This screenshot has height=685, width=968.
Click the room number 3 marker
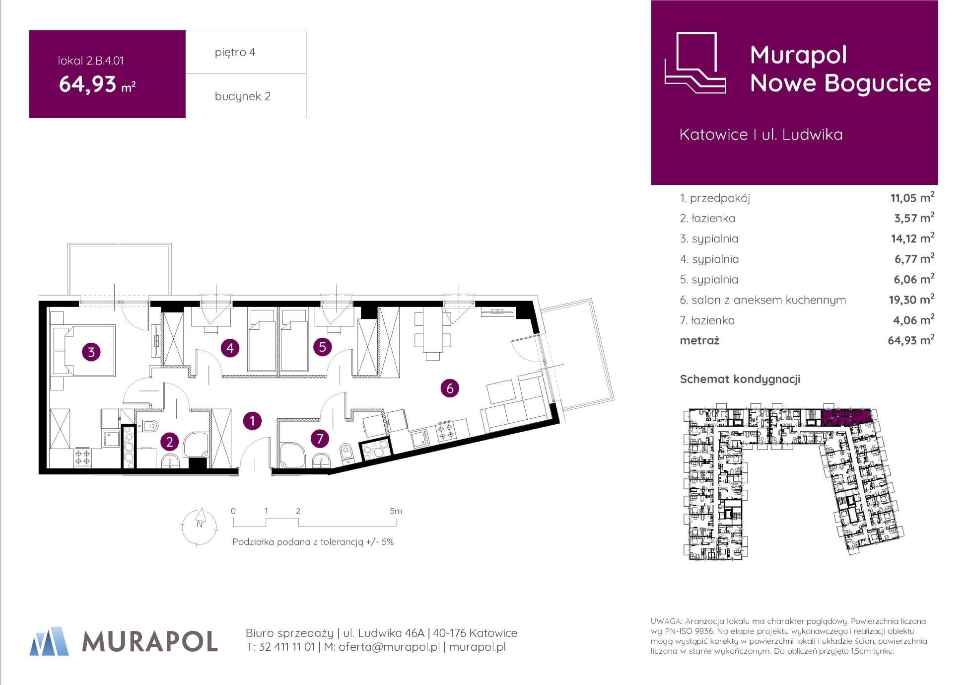point(91,352)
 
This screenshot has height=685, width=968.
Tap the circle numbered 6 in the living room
point(450,388)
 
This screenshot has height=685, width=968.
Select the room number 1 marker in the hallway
point(252,421)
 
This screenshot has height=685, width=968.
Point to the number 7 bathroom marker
point(320,438)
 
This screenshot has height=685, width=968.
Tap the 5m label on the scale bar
point(396,511)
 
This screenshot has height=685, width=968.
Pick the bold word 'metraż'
point(699,341)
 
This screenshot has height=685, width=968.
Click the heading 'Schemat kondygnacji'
point(740,380)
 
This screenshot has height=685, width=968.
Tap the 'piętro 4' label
point(235,52)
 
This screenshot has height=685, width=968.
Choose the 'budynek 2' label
point(242,96)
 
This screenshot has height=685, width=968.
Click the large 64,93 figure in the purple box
point(88,84)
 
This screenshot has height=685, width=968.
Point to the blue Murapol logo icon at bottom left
point(49,641)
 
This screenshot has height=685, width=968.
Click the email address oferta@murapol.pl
point(389,647)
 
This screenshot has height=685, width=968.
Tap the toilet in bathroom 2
point(147,425)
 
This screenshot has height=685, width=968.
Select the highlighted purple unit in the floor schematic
point(846,418)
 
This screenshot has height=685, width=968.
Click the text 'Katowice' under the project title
point(714,135)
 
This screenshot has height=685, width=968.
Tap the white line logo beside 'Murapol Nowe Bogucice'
point(695,63)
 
